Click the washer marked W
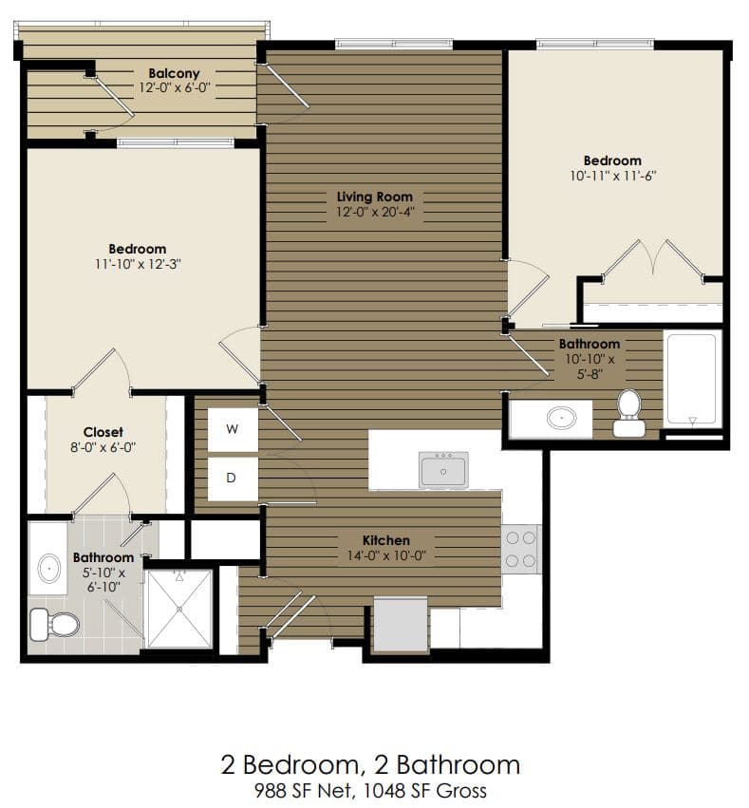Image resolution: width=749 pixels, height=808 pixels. click(233, 429)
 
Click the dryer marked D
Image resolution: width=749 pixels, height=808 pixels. click(233, 479)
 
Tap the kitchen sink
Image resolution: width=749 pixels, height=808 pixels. click(443, 469)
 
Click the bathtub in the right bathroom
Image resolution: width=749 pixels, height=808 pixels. click(692, 378)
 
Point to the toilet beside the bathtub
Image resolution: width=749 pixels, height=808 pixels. click(628, 413)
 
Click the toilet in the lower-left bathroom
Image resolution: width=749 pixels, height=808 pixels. click(55, 624)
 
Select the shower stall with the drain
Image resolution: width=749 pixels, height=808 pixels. click(178, 610)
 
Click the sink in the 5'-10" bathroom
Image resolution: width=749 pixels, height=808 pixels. click(48, 568)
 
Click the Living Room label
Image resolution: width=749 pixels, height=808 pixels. click(375, 197)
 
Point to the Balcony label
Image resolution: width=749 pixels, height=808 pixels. click(174, 73)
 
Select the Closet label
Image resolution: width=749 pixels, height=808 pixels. click(103, 432)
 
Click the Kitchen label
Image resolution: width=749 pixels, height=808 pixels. click(385, 540)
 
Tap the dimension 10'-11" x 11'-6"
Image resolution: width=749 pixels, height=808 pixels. click(611, 176)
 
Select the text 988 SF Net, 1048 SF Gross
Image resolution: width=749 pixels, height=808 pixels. click(370, 791)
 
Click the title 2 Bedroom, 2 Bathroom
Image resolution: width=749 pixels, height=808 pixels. click(370, 764)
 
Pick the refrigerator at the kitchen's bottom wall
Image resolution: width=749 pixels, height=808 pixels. click(400, 624)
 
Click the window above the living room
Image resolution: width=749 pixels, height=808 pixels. click(393, 43)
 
